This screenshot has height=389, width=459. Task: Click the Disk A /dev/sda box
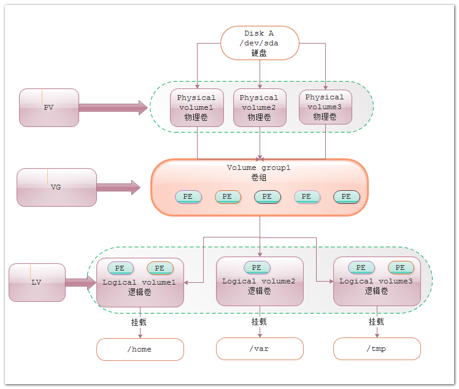(260, 43)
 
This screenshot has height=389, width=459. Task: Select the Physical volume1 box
(197, 108)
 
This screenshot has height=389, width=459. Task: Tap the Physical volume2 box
(260, 108)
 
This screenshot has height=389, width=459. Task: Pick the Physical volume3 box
(325, 107)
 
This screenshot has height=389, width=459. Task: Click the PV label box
(49, 107)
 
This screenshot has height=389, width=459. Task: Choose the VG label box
(56, 187)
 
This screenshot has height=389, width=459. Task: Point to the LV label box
(37, 282)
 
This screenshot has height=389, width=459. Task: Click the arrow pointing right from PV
(114, 108)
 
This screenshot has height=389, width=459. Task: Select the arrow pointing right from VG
(118, 187)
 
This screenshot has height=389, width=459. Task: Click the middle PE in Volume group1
(268, 197)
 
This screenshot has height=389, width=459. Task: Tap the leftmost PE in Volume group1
(188, 197)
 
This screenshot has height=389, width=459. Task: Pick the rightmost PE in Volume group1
(347, 197)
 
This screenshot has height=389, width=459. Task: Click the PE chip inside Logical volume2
(256, 268)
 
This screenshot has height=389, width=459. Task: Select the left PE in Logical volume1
(120, 268)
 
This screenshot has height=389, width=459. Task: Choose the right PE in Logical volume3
(401, 268)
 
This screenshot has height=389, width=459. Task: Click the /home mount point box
(140, 349)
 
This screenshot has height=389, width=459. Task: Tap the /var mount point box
(260, 349)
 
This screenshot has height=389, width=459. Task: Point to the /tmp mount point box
(377, 349)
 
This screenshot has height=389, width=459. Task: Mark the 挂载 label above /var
(259, 322)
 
